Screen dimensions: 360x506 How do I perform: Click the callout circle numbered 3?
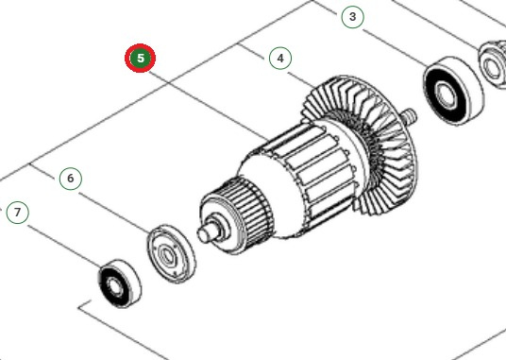coord(352,16)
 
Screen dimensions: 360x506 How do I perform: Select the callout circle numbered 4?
coord(280,59)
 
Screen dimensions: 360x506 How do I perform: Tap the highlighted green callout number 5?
coord(140,58)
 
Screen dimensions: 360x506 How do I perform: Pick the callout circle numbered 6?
coord(70,178)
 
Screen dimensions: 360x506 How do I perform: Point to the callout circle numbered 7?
coord(17,213)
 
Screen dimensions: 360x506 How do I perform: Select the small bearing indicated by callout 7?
coord(118,281)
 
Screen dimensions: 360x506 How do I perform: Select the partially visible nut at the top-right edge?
coord(493,61)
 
